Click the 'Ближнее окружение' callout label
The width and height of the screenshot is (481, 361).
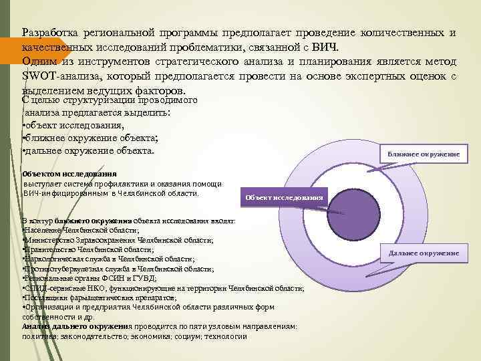click(424, 154)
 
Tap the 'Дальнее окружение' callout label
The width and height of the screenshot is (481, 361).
click(424, 253)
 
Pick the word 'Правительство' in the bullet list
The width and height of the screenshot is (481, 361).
click(51, 249)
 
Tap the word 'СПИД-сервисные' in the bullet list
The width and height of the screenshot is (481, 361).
click(54, 287)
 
